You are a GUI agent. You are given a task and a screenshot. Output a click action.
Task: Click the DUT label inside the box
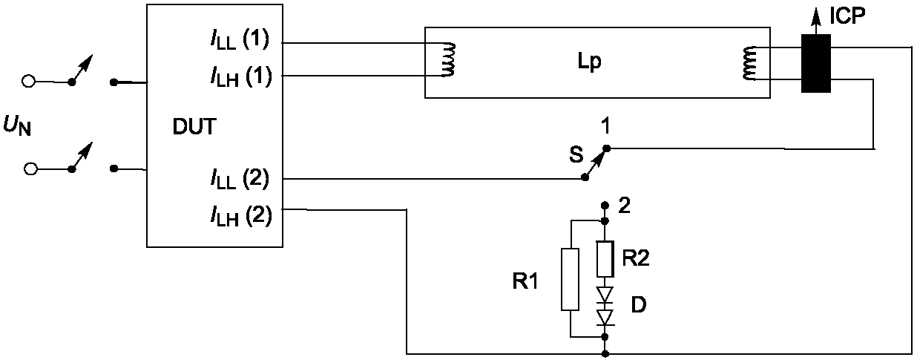[x=194, y=126]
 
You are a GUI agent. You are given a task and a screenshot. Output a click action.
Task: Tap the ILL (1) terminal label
[x=240, y=41]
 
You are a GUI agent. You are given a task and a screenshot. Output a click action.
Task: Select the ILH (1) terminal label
[x=241, y=76]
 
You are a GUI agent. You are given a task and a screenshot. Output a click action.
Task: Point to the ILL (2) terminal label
[x=240, y=179]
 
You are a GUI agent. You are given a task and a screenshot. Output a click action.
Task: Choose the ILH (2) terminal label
[x=241, y=216]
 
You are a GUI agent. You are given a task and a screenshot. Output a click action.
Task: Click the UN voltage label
[x=17, y=125]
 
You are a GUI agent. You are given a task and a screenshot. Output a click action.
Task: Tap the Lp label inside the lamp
[x=590, y=62]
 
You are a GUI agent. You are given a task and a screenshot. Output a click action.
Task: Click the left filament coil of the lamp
[x=448, y=59]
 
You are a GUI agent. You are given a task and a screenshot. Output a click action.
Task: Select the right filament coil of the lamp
[x=749, y=62]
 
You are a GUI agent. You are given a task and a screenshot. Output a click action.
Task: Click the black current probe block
[x=816, y=63]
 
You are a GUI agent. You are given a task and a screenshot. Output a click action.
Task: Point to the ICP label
[x=847, y=16]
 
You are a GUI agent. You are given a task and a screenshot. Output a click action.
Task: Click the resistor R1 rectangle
[x=571, y=279]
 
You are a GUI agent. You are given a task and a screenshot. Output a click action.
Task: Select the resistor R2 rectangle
[x=605, y=259]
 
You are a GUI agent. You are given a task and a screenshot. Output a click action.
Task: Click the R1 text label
[x=525, y=282]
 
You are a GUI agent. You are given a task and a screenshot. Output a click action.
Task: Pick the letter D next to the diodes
[x=639, y=305]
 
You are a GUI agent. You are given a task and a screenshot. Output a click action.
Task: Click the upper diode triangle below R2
[x=605, y=295]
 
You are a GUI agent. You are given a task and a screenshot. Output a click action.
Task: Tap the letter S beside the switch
[x=576, y=154]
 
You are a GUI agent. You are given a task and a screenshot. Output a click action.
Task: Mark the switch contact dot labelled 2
[x=603, y=204]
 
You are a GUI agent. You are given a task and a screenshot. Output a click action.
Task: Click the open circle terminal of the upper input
[x=28, y=81]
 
